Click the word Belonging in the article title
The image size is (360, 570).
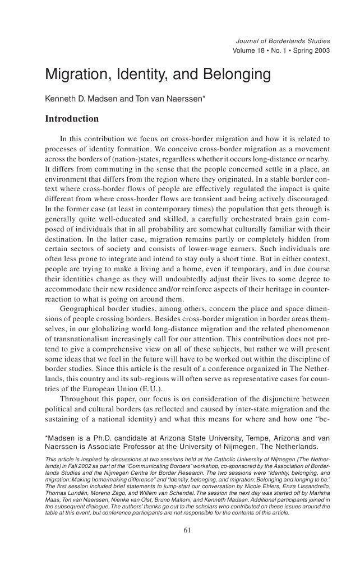[215, 75]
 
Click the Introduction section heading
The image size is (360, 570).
[71, 119]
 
